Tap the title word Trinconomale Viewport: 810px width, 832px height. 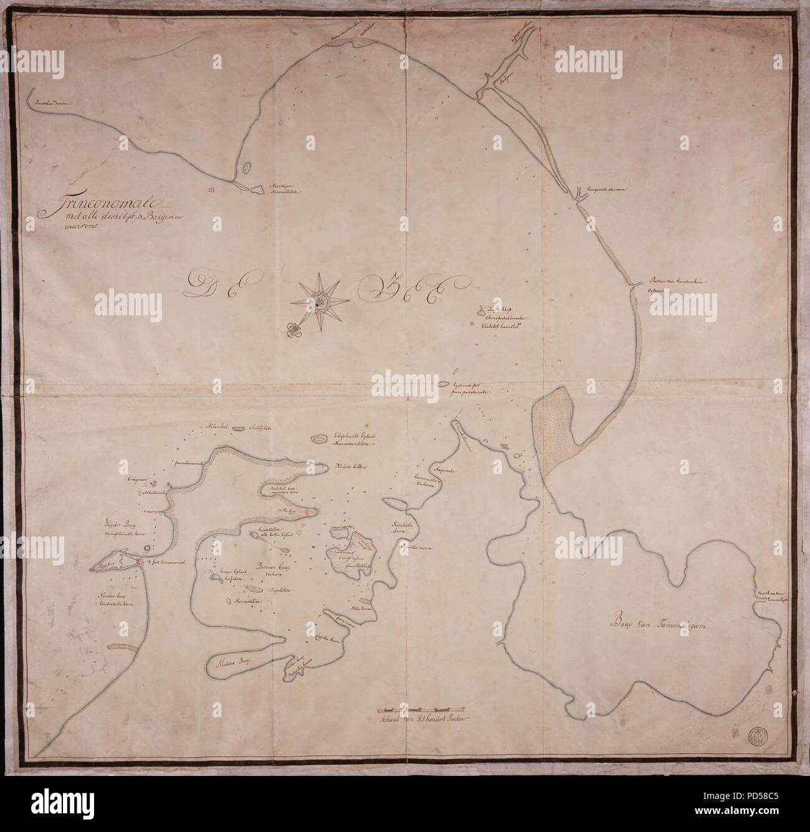pyautogui.click(x=99, y=203)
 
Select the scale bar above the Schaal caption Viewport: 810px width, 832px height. pyautogui.click(x=424, y=709)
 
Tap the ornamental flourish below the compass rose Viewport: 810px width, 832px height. pyautogui.click(x=292, y=329)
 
